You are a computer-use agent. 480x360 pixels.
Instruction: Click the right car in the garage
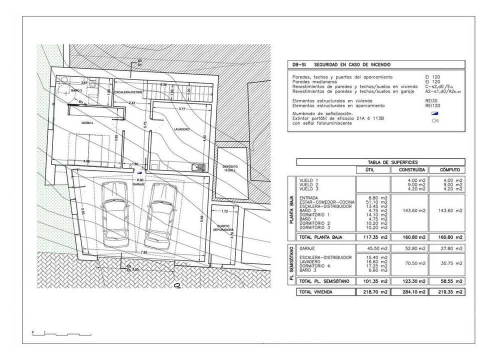pyautogui.click(x=161, y=214)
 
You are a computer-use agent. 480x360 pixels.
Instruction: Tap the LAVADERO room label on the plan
pyautogui.click(x=181, y=129)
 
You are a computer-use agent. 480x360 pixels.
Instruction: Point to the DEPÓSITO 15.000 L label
pyautogui.click(x=230, y=168)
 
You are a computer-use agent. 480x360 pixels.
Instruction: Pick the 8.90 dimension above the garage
pyautogui.click(x=139, y=179)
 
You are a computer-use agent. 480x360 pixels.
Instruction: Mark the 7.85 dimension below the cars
pyautogui.click(x=144, y=252)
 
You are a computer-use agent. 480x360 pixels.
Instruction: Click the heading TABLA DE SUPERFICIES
pyautogui.click(x=380, y=162)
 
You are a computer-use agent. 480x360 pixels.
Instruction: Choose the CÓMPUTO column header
pyautogui.click(x=446, y=170)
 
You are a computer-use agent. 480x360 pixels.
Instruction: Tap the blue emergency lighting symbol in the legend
pyautogui.click(x=434, y=113)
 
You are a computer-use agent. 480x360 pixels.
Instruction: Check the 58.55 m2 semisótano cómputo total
pyautogui.click(x=446, y=281)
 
